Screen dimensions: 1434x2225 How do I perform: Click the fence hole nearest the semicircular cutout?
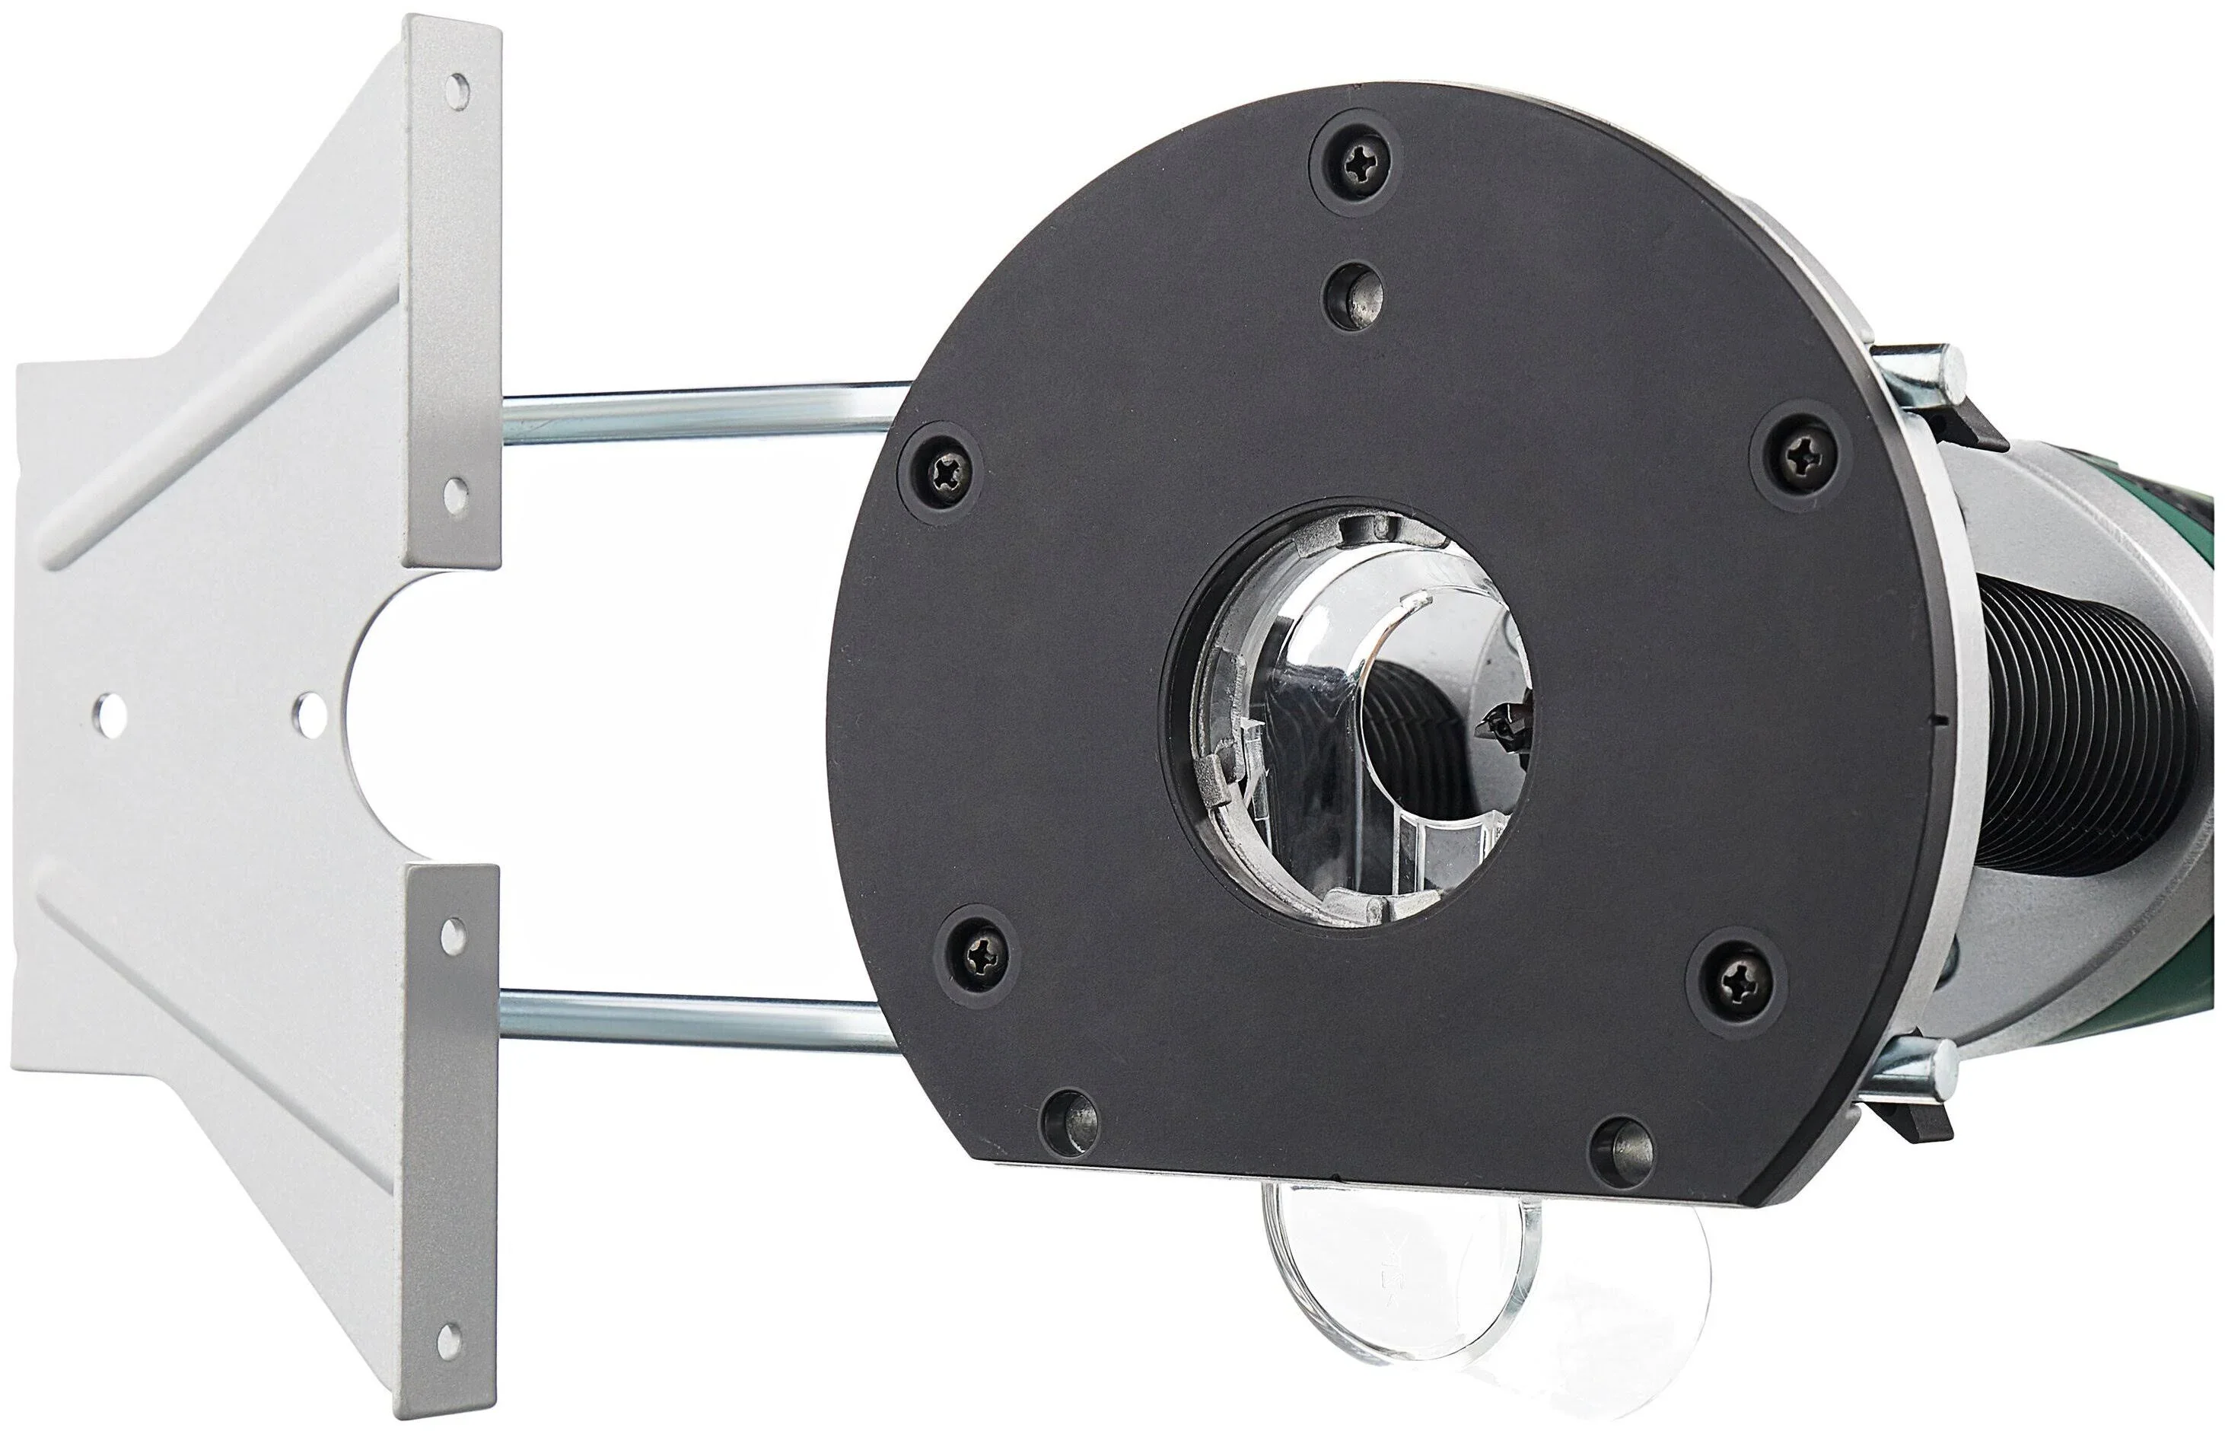tap(307, 712)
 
